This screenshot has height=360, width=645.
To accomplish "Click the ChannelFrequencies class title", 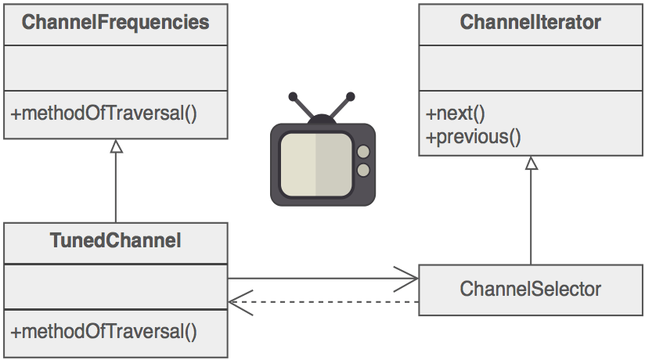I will [116, 23].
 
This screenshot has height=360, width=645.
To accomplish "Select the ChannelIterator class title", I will [531, 23].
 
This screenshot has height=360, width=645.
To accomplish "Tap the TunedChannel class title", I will [116, 241].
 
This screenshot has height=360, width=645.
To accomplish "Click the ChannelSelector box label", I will [531, 289].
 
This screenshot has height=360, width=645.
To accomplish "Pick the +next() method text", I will [456, 113].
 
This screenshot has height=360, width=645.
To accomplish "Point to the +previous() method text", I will [473, 136].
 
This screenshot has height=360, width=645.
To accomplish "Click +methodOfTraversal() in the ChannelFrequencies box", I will [103, 113].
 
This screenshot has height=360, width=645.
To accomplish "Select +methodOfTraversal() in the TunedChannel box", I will [103, 331].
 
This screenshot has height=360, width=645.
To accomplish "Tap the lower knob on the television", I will [363, 170].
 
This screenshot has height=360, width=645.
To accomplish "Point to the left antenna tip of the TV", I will [293, 97].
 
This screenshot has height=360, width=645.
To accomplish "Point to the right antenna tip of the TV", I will [350, 97].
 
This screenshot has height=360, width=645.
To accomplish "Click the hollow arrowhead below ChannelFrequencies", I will [116, 147].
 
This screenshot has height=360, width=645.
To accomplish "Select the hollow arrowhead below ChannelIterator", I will [531, 163].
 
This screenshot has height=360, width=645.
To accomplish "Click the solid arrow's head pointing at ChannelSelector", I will [411, 278].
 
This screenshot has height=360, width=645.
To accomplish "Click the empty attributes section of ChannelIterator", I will [531, 68].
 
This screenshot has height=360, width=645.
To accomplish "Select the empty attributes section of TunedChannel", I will [116, 286].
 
